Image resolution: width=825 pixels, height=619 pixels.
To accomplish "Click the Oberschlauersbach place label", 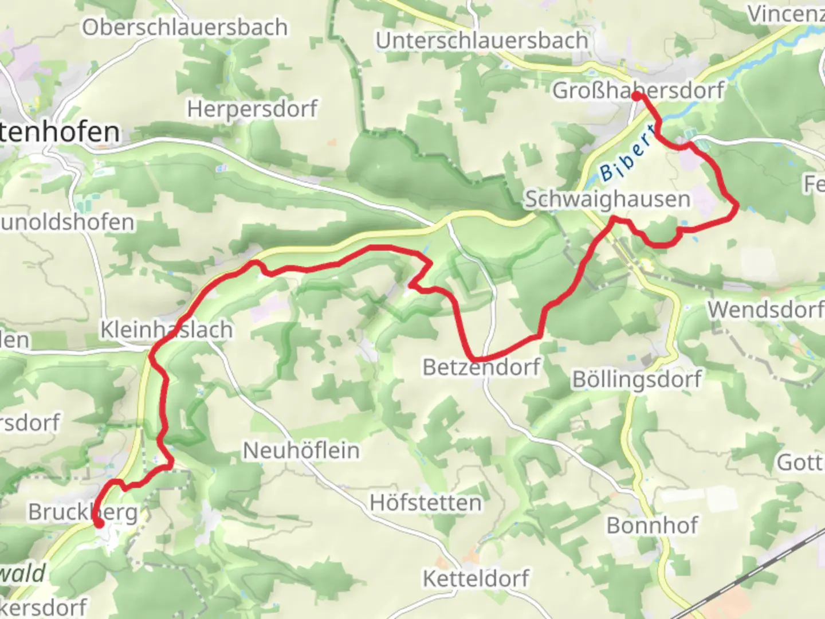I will [184, 28].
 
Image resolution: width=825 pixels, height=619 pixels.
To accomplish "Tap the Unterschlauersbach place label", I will [482, 41].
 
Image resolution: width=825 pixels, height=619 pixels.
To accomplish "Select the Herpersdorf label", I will [252, 109].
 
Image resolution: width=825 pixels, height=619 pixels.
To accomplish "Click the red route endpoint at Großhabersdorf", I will [637, 96].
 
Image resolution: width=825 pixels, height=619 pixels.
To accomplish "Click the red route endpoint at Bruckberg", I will [99, 523].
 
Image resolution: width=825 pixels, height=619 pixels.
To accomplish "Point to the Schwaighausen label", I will [608, 199].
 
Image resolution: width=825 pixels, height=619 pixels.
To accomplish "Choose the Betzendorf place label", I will [481, 367].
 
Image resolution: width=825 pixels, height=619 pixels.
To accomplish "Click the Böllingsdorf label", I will [637, 379].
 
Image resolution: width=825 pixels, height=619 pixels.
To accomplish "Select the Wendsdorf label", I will [765, 310].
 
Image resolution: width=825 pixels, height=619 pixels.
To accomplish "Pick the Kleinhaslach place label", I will [167, 330].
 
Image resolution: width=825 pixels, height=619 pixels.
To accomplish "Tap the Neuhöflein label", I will [301, 450].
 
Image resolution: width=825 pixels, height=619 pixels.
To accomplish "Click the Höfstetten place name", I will [426, 503].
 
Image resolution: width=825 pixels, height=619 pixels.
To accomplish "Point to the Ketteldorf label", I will [476, 579].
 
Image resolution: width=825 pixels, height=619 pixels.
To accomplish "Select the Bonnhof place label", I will [652, 526].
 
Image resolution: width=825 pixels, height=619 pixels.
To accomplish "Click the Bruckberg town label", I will [83, 512].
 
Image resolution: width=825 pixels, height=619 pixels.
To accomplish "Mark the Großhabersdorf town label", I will [638, 91].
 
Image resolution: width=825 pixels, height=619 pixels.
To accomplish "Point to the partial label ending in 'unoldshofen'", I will [67, 222].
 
